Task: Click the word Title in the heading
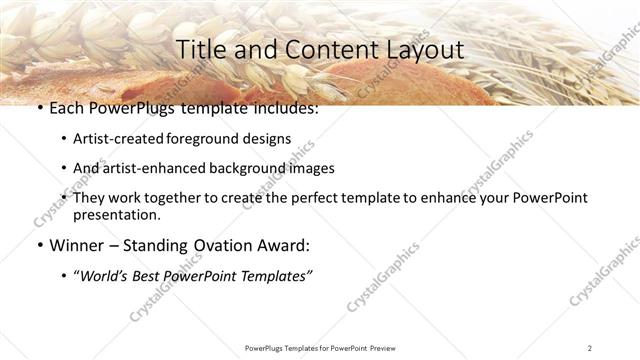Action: (198, 49)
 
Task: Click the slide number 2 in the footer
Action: (590, 348)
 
